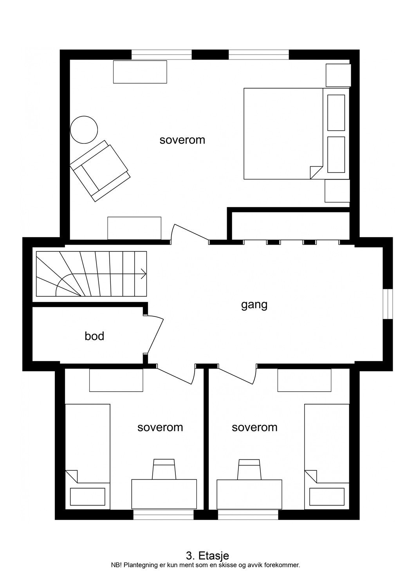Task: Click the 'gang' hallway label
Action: (254, 305)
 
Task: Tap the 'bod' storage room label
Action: (94, 336)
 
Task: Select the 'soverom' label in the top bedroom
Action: (182, 140)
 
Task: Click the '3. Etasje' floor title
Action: (207, 555)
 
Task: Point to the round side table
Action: (84, 130)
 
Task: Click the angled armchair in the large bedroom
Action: (100, 171)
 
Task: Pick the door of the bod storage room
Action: (155, 336)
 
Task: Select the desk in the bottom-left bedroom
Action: (164, 494)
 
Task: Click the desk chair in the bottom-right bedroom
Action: (249, 469)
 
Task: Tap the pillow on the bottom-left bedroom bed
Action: (88, 497)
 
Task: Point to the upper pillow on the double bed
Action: (336, 113)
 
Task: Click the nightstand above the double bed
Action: (338, 75)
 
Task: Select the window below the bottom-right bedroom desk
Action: (248, 514)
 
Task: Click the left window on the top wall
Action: (161, 54)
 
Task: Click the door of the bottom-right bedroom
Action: (237, 376)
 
